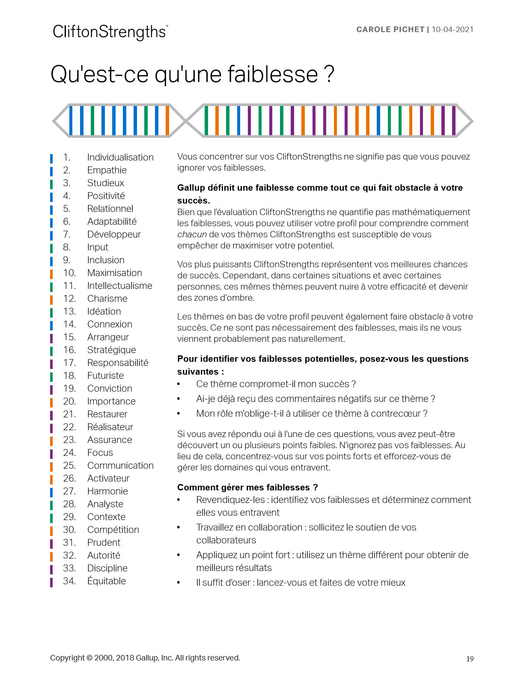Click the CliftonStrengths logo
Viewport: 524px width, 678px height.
[x=110, y=32]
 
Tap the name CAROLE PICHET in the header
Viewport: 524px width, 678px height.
[x=390, y=30]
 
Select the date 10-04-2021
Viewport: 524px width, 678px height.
[x=453, y=30]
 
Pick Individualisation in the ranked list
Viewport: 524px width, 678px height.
[x=120, y=158]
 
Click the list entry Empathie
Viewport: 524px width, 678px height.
[x=107, y=170]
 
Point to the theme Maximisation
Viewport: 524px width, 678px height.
[x=114, y=273]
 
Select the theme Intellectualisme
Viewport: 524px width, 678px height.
[x=119, y=286]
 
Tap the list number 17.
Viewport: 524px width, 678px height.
[x=69, y=363]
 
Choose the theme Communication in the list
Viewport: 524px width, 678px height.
[x=120, y=466]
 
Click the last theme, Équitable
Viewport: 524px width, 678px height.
[x=106, y=581]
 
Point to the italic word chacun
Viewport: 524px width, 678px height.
[x=192, y=235]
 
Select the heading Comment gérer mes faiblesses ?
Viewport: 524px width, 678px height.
[x=247, y=488]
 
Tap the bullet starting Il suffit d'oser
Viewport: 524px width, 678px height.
[x=301, y=583]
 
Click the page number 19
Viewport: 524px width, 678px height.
[x=470, y=659]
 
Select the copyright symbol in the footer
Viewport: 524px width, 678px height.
[x=89, y=658]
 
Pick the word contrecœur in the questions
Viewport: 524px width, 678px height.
[x=394, y=413]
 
